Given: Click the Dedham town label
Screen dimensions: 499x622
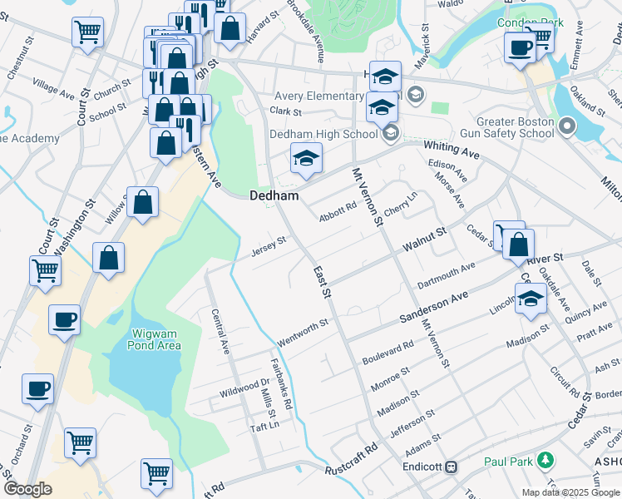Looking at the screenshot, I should pyautogui.click(x=274, y=195).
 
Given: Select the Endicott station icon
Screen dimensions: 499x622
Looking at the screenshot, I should pyautogui.click(x=452, y=467).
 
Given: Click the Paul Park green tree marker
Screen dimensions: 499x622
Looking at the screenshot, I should pyautogui.click(x=545, y=459).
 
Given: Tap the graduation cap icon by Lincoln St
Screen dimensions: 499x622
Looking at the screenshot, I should pyautogui.click(x=530, y=299).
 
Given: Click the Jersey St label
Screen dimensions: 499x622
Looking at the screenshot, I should pyautogui.click(x=269, y=245).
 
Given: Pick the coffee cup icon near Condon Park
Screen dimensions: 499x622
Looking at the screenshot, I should pyautogui.click(x=521, y=47).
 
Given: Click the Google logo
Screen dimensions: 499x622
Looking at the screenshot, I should pyautogui.click(x=27, y=489).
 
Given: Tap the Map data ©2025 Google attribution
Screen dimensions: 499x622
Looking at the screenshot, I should pyautogui.click(x=570, y=492).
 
